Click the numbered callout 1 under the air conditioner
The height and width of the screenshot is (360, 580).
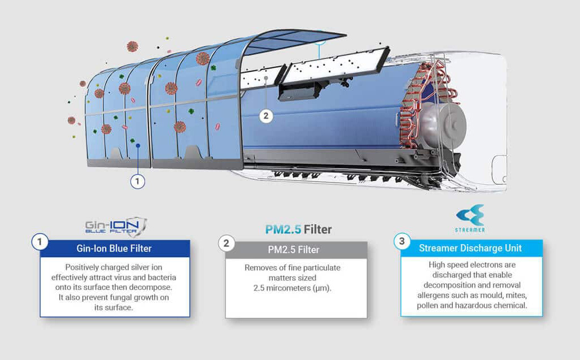pos(138,181)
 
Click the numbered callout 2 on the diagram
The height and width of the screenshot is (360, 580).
pos(266,116)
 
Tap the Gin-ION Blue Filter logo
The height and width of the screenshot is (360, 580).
pos(116,227)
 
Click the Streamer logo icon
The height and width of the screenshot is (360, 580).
pos(470,215)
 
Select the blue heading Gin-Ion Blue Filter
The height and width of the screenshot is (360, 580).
pos(114,248)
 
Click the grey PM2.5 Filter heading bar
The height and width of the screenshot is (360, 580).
pos(296,250)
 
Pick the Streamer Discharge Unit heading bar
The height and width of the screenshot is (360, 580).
pos(471,248)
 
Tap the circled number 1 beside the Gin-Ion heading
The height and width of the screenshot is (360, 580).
pos(40,242)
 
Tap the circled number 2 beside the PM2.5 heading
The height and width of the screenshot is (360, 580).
pos(226,243)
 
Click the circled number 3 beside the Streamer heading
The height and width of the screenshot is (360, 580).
pos(402,241)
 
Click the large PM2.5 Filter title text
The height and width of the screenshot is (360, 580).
pos(298,229)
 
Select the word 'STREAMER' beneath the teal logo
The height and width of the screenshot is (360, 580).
pos(470,230)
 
